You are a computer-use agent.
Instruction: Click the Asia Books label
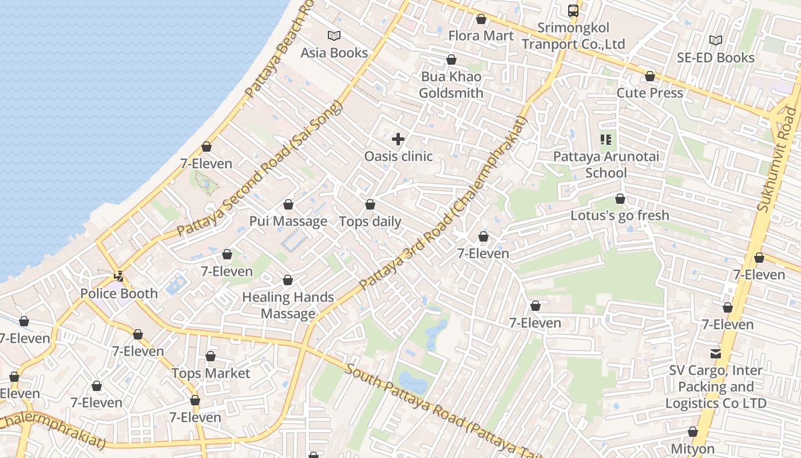point(334,53)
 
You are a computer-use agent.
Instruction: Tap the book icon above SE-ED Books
point(715,40)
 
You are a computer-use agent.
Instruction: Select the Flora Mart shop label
point(481,35)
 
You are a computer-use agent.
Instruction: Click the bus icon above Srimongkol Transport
point(573,10)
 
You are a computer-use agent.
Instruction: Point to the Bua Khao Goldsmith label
point(451,85)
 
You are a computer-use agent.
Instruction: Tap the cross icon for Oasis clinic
point(398,139)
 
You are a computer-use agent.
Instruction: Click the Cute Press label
point(649,93)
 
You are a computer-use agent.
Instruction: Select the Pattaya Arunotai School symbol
point(606,139)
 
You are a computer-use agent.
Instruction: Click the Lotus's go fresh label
point(620,216)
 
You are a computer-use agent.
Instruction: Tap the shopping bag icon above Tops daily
point(370,204)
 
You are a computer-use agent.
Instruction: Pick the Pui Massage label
point(288,221)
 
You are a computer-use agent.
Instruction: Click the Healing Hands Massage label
point(288,305)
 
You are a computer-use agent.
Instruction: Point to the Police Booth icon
point(118,277)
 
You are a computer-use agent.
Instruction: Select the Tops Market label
point(211,373)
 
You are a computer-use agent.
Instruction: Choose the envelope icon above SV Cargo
point(715,353)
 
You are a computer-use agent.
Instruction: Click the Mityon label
point(692,449)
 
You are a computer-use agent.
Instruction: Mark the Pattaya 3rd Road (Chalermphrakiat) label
point(443,203)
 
